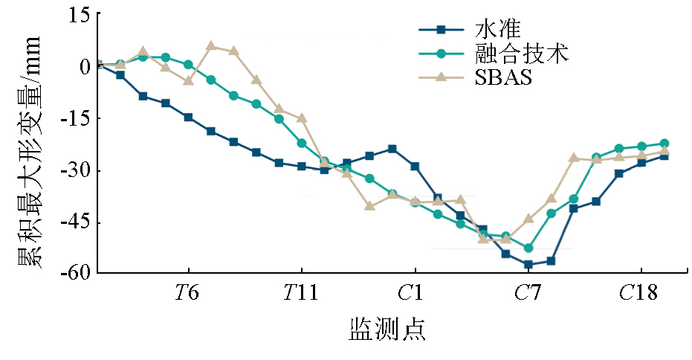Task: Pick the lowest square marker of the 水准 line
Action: pos(528,265)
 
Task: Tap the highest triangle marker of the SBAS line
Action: pos(211,46)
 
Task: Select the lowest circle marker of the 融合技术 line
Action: pos(528,248)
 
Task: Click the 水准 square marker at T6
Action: pos(188,118)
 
